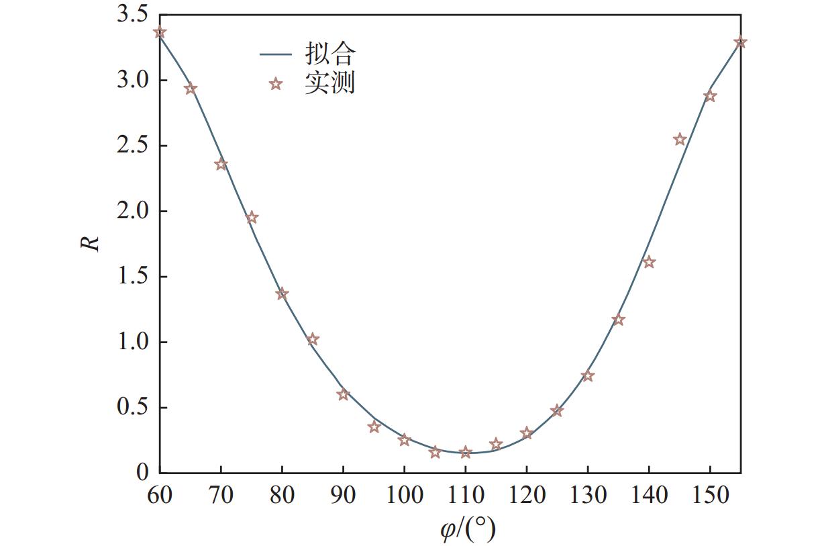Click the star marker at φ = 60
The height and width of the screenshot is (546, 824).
coord(160,32)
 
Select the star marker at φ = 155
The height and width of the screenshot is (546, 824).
coord(740,42)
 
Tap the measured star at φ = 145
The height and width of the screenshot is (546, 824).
coord(680,140)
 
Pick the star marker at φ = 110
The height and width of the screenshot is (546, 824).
coord(466,453)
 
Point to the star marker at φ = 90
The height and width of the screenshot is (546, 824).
coord(344,395)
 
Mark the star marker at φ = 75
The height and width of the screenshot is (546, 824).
coord(252,218)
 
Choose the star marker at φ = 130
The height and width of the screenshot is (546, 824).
coord(588,376)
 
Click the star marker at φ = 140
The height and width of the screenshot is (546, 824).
coord(649,262)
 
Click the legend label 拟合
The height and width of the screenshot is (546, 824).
coord(329,53)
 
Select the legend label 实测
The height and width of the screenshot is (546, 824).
coord(329,83)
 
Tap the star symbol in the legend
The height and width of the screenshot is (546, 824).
coord(275,84)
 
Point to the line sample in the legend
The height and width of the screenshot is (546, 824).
coord(275,54)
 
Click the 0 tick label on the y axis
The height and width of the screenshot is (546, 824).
coord(142,472)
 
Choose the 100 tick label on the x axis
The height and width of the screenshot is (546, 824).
coord(404,496)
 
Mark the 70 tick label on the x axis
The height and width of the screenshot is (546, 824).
coord(221,496)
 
